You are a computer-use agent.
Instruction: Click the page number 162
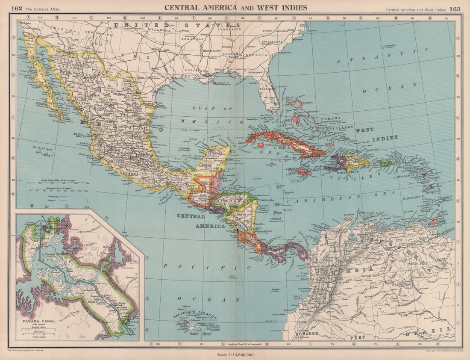[17, 8]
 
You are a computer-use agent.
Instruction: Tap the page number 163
[455, 8]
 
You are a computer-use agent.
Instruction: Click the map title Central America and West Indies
[235, 7]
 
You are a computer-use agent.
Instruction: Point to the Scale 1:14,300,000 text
[235, 354]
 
